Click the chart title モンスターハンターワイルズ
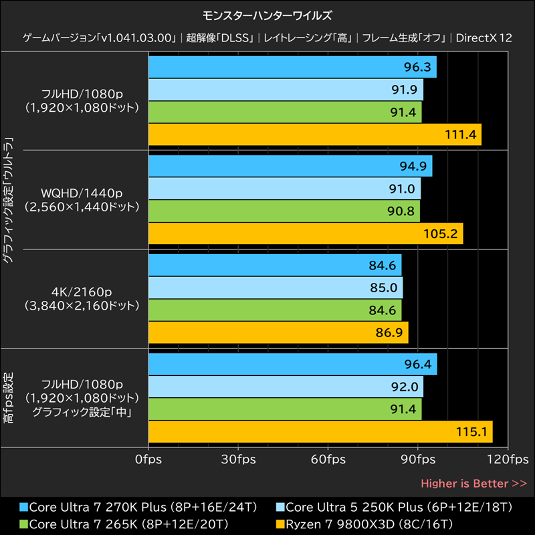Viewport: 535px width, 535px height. (267, 14)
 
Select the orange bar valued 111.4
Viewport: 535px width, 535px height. (314, 134)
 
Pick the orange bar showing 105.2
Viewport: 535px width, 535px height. (305, 233)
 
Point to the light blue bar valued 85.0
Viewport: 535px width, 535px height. (275, 288)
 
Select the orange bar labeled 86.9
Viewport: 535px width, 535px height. (278, 332)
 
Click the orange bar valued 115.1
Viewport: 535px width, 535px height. (320, 431)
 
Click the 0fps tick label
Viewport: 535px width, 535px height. (148, 459)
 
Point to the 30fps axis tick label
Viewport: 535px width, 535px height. (238, 459)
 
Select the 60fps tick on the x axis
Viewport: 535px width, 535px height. (328, 459)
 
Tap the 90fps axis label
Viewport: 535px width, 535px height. (419, 459)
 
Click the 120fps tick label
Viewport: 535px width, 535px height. (508, 459)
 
